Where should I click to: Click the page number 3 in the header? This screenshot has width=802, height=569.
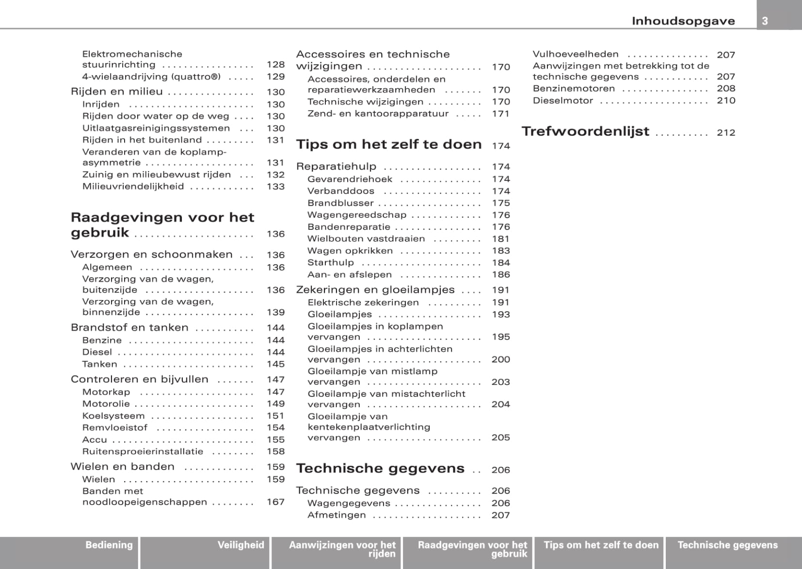click(x=765, y=21)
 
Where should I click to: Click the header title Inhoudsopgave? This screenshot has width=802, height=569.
click(x=683, y=21)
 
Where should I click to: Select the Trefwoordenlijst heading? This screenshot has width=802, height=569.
click(x=585, y=131)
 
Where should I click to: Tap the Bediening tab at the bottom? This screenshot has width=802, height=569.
click(x=109, y=545)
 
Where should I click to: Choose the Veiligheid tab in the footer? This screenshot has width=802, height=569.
click(x=241, y=545)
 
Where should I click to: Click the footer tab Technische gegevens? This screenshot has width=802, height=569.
click(x=727, y=545)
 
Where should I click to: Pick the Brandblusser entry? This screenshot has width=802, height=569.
click(x=340, y=203)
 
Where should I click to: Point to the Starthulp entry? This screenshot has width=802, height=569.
click(x=331, y=263)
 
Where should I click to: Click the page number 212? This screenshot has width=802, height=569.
click(x=726, y=133)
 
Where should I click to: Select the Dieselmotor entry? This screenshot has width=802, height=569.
click(x=562, y=101)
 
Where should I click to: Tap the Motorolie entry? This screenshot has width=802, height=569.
click(x=106, y=404)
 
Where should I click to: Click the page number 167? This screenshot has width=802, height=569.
click(x=275, y=502)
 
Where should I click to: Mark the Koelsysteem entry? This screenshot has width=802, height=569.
click(x=113, y=416)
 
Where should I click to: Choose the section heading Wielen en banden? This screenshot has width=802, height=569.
click(x=122, y=467)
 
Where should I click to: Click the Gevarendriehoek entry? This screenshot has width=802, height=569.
click(x=350, y=179)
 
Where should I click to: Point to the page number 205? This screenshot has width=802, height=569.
click(x=500, y=438)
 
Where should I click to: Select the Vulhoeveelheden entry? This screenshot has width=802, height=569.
click(x=576, y=54)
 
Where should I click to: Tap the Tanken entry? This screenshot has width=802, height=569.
click(x=99, y=364)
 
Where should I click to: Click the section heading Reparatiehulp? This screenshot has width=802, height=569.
click(x=336, y=167)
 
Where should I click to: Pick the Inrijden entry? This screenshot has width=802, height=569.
click(x=101, y=105)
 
